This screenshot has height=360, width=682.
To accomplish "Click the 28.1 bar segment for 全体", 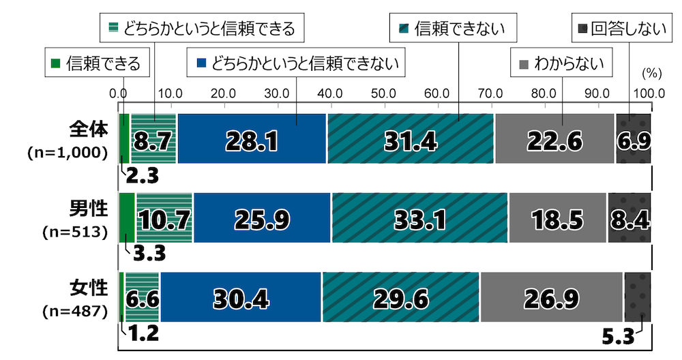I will click(252, 138).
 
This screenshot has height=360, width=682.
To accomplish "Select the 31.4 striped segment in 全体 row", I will click(411, 138).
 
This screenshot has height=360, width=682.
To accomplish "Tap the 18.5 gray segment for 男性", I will click(557, 217).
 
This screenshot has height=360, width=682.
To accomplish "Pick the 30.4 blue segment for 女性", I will click(241, 297).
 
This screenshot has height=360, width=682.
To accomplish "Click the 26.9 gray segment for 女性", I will click(551, 297).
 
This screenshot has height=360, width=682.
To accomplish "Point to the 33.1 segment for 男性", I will click(419, 217).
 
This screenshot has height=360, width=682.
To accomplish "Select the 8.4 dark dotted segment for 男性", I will click(629, 217).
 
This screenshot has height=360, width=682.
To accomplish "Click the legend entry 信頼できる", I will click(96, 64).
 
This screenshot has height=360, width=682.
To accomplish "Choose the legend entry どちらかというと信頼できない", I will click(296, 64).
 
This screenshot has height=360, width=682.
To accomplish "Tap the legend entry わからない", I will click(562, 64).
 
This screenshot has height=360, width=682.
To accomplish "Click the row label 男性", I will click(89, 209).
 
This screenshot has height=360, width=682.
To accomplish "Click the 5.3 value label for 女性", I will click(619, 336).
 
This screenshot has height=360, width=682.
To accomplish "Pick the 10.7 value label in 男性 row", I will click(164, 218).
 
